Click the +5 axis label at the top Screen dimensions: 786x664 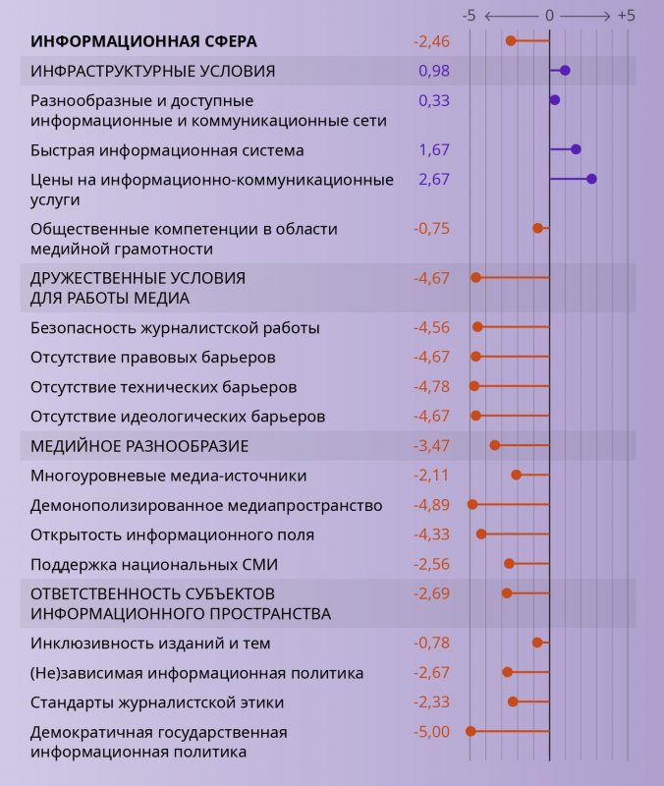[x=626, y=16]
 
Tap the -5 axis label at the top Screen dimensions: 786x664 [x=470, y=16]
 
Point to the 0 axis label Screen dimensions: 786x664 [x=549, y=16]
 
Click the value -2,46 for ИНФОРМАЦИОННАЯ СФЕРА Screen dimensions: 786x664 [x=431, y=41]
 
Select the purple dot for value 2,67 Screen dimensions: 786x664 [x=591, y=179]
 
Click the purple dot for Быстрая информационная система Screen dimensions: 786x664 [x=576, y=149]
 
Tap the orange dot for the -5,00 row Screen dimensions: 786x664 [x=470, y=731]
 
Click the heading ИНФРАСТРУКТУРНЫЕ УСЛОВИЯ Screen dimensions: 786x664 [x=152, y=71]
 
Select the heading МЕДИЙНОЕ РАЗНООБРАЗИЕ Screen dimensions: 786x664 [x=139, y=446]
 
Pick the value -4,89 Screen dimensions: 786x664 [x=431, y=505]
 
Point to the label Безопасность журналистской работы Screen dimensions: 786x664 [x=175, y=328]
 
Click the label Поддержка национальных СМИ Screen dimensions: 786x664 [x=154, y=564]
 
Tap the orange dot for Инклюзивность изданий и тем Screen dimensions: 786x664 [x=537, y=643]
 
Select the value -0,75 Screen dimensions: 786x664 [x=431, y=228]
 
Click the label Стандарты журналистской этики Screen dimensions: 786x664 [x=157, y=702]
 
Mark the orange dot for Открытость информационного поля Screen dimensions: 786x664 [x=481, y=534]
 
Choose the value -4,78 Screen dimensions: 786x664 [x=431, y=386]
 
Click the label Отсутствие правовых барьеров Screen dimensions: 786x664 [x=152, y=357]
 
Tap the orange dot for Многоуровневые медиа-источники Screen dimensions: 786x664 [x=517, y=476]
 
